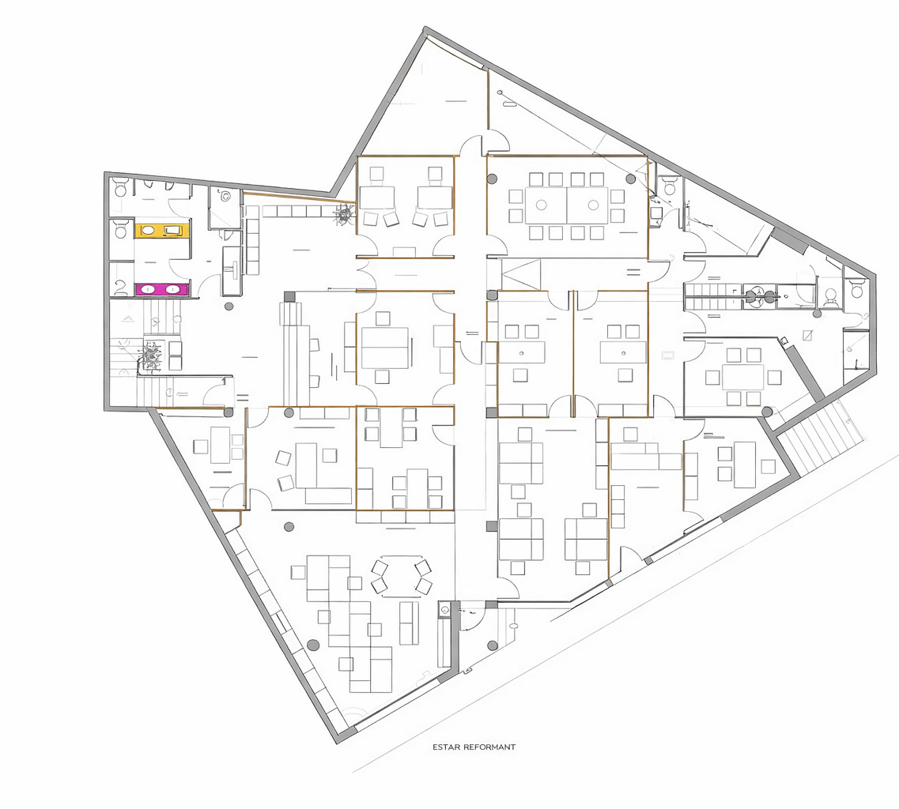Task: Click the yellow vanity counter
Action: [161, 231]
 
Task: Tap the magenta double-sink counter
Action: [161, 289]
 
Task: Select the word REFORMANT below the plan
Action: [489, 747]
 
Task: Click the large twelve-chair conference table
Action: [567, 205]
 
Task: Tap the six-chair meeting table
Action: [743, 378]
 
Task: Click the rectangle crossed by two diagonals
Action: [520, 274]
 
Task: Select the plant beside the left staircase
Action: [151, 356]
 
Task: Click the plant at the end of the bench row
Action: [345, 214]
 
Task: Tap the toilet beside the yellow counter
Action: [121, 230]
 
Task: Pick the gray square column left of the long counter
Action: [289, 297]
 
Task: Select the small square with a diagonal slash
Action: [808, 335]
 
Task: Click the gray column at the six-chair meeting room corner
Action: [767, 412]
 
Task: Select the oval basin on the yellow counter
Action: [148, 231]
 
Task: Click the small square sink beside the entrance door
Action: [444, 611]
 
